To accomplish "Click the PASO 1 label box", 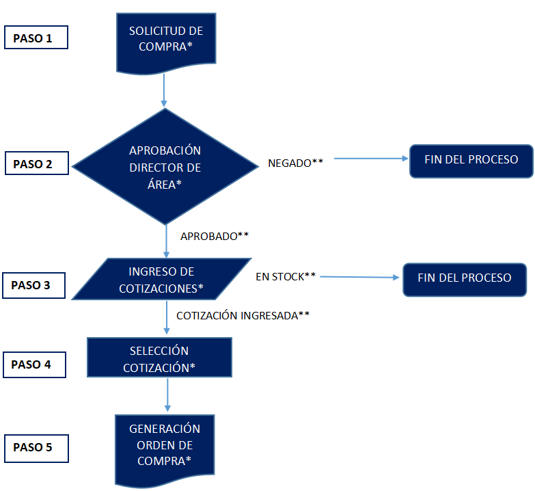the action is click(x=36, y=37).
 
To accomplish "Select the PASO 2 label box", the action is click(x=37, y=163).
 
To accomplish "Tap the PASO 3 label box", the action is click(x=33, y=285).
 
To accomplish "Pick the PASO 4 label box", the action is click(x=34, y=364).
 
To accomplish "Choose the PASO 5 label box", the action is click(x=36, y=449).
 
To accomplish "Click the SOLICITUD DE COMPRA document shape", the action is click(x=166, y=42).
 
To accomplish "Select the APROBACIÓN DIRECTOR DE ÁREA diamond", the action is click(x=165, y=167).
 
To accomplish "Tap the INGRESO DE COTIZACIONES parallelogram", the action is click(x=161, y=279).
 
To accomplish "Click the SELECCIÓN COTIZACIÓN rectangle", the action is click(x=159, y=357).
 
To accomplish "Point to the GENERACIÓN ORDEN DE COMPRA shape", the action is click(x=165, y=450).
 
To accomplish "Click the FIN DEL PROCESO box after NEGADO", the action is click(x=471, y=161).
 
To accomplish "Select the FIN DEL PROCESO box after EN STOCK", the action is click(x=465, y=280).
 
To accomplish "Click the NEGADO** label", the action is click(x=295, y=163).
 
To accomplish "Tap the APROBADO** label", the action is click(x=215, y=236).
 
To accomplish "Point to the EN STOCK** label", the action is click(x=286, y=276).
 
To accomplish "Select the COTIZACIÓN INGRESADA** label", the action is click(x=243, y=315).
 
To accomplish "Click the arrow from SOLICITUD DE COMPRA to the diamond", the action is click(x=164, y=90).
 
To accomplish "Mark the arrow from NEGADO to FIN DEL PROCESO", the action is click(x=371, y=159).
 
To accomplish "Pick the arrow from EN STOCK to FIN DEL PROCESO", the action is click(x=359, y=277).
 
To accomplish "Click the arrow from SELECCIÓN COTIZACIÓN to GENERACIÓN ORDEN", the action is click(x=167, y=395).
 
